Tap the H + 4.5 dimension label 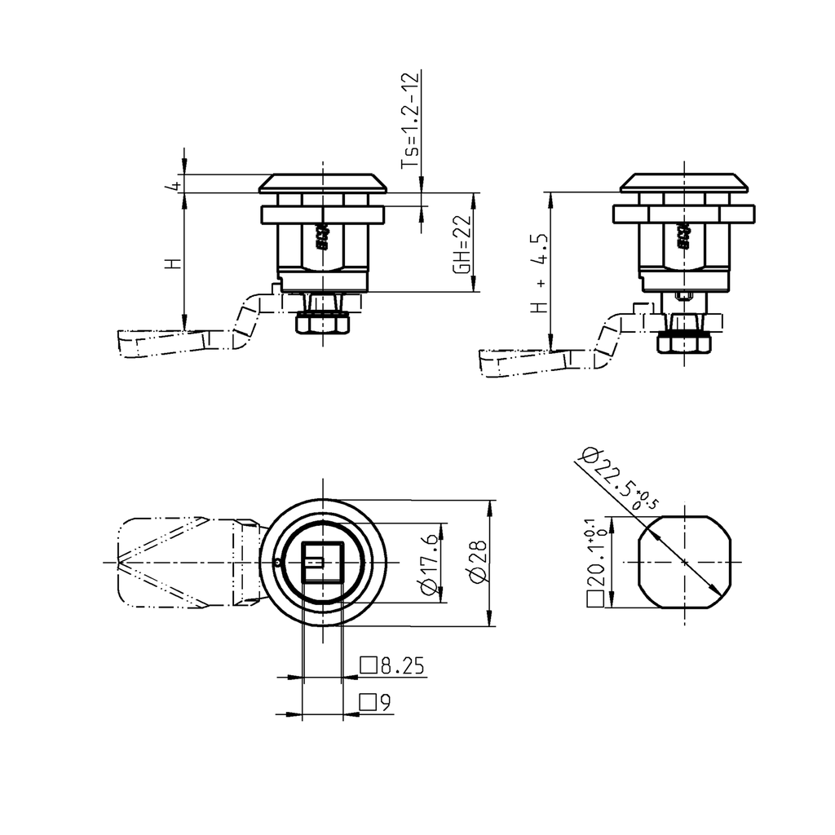click(539, 272)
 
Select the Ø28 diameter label click(478, 563)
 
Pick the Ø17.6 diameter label click(428, 563)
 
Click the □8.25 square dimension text click(393, 666)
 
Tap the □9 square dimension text click(376, 702)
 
